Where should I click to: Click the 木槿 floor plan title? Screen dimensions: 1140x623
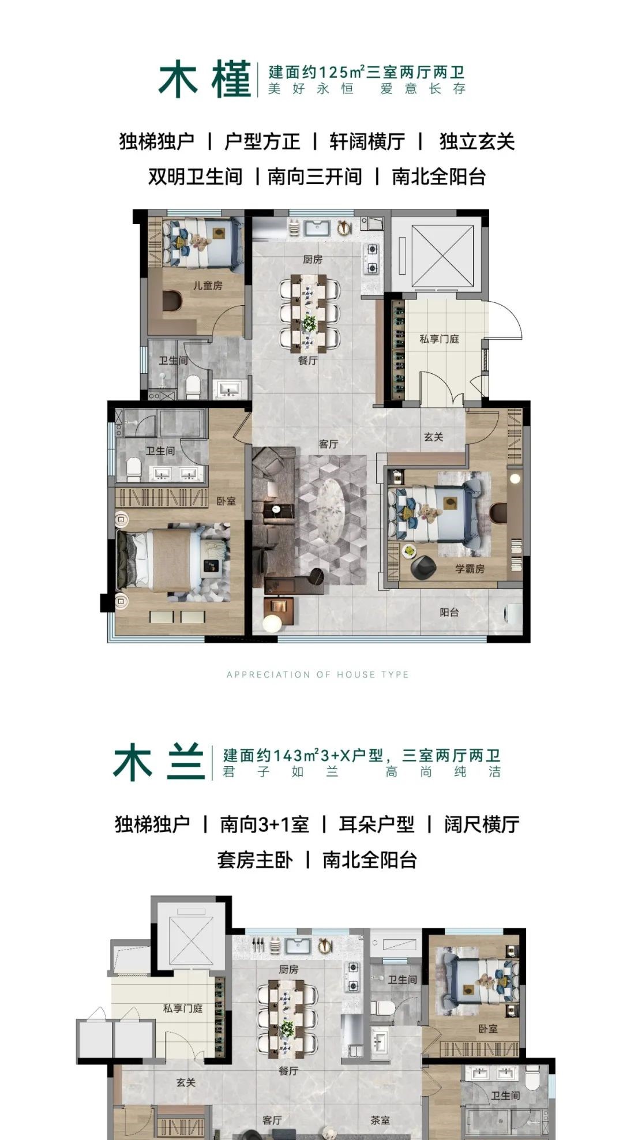click(205, 80)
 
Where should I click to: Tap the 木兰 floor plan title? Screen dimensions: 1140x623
click(159, 762)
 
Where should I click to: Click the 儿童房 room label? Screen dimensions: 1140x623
click(208, 286)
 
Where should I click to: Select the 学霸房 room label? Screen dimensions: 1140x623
click(470, 569)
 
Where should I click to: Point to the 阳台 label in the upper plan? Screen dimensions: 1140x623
click(449, 612)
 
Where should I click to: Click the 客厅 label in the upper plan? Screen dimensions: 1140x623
click(328, 444)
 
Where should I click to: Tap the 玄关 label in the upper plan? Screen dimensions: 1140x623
click(433, 437)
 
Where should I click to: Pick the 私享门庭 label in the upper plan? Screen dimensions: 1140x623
click(439, 339)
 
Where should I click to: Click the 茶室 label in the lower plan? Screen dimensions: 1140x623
click(380, 1120)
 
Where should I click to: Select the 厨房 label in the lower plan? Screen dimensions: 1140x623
click(288, 969)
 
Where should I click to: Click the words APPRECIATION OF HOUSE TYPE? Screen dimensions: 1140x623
click(317, 674)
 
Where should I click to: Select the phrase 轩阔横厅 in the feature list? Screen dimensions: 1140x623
click(367, 142)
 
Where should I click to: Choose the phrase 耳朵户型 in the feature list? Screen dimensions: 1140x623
click(376, 824)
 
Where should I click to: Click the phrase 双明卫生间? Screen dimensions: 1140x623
click(195, 177)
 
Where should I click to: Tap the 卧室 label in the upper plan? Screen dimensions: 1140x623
click(226, 501)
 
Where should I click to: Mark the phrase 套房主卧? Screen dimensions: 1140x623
click(254, 860)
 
